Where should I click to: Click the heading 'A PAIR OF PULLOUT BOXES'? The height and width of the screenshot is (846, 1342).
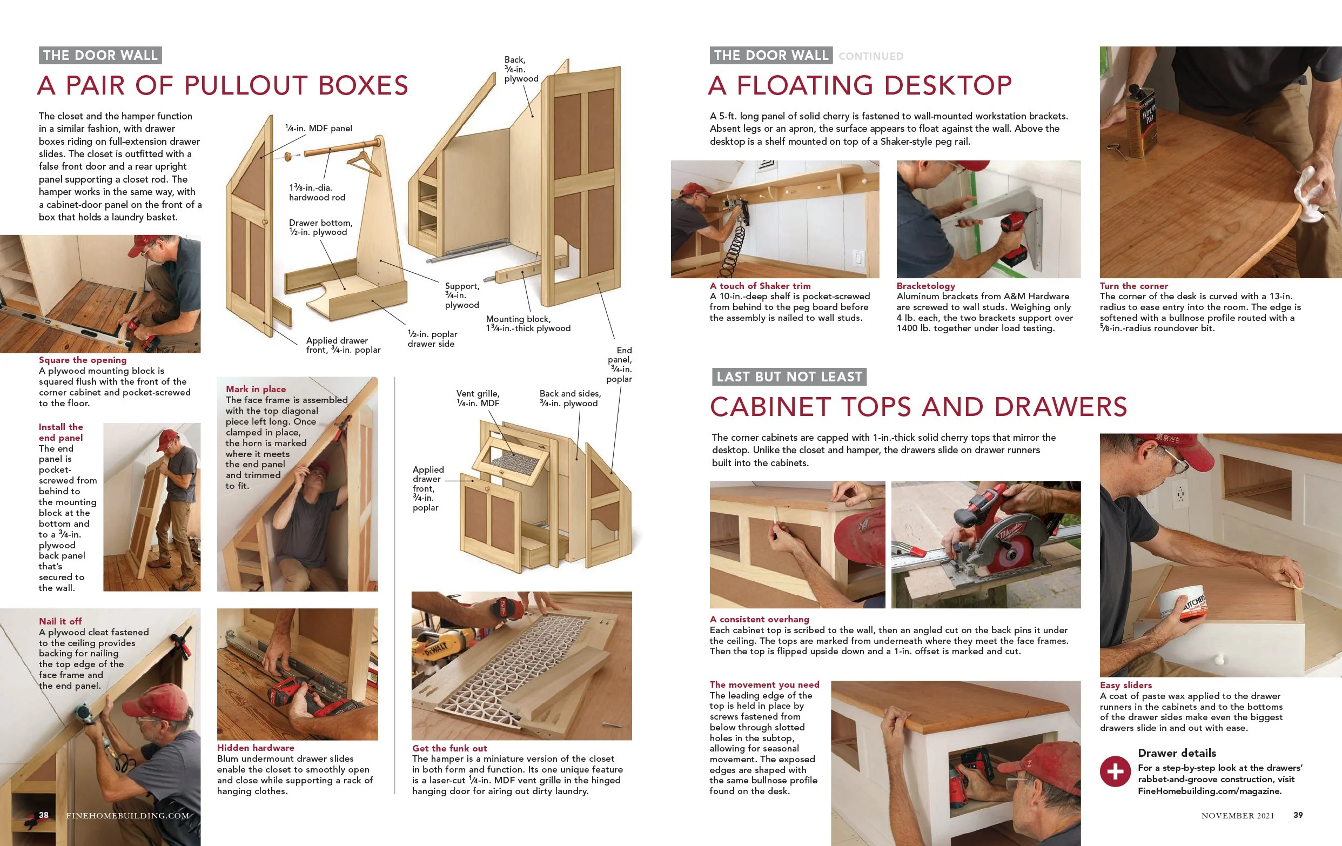[223, 85]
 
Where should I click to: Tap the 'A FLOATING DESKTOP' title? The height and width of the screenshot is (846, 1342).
[860, 85]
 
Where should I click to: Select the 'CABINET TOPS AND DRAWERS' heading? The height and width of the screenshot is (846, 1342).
[918, 407]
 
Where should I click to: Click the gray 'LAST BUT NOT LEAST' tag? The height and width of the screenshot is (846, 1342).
[789, 377]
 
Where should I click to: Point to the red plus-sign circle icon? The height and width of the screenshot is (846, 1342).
[1115, 771]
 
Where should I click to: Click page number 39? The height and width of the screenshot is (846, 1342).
[1298, 815]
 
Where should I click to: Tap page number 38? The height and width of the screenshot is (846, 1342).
[43, 815]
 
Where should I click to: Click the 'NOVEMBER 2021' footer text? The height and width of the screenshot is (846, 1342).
[1238, 815]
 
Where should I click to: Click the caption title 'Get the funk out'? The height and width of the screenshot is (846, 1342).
[449, 748]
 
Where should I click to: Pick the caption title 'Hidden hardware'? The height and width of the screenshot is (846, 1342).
[256, 748]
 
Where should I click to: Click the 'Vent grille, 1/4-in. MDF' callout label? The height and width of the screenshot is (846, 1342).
[478, 399]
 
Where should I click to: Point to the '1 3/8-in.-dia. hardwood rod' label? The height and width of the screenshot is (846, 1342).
[317, 192]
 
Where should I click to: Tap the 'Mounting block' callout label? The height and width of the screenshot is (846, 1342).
[528, 324]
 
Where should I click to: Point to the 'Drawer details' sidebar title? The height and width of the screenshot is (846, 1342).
[1177, 753]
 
